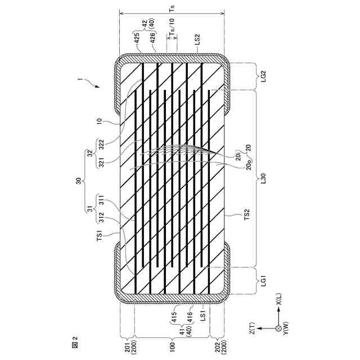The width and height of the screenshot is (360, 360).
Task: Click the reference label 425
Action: (x=137, y=39)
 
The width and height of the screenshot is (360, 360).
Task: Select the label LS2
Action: (x=197, y=39)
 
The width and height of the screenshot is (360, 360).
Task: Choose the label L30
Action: (x=263, y=178)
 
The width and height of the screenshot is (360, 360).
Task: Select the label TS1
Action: (x=100, y=236)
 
